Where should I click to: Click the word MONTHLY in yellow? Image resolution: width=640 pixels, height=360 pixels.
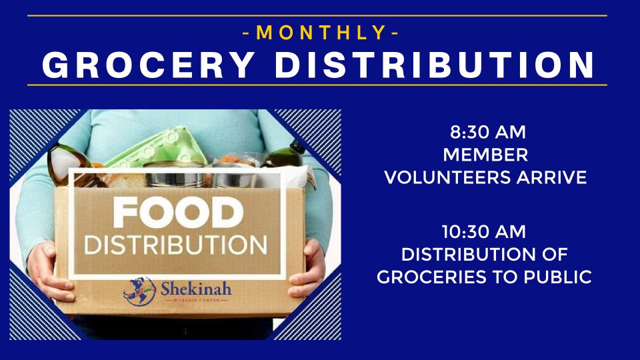(321, 33)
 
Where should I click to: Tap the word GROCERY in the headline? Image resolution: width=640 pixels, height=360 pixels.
(149, 65)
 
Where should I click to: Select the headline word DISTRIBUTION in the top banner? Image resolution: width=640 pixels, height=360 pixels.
(435, 65)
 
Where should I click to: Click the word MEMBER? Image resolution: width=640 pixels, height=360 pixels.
(485, 155)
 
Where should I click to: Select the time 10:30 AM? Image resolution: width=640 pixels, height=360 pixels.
(484, 232)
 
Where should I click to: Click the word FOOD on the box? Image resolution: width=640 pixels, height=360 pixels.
(178, 212)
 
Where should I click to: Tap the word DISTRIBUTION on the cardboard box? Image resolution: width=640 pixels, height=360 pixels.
(175, 245)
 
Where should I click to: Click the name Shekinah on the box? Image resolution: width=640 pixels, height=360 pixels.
(196, 289)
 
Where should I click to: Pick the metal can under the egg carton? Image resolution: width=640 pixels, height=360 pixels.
(174, 175)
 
